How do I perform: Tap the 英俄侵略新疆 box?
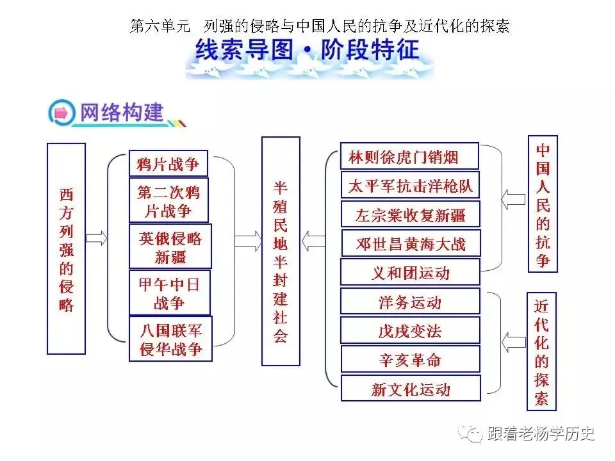pyautogui.click(x=170, y=247)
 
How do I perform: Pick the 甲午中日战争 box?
pyautogui.click(x=169, y=293)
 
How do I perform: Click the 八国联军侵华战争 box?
pyautogui.click(x=170, y=339)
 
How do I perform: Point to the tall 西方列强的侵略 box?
pyautogui.click(x=66, y=248)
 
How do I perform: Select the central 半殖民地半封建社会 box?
pyautogui.click(x=281, y=251)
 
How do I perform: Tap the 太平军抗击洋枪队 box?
pyautogui.click(x=410, y=186)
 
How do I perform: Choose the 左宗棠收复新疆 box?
pyautogui.click(x=410, y=214)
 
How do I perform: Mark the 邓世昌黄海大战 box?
pyautogui.click(x=410, y=243)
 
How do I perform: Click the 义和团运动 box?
pyautogui.click(x=410, y=273)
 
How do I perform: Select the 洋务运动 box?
pyautogui.click(x=410, y=302)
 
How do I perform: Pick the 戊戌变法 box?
pyautogui.click(x=410, y=330)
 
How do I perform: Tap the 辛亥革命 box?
pyautogui.click(x=410, y=359)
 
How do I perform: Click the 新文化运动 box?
pyautogui.click(x=410, y=389)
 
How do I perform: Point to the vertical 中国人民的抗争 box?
pyautogui.click(x=542, y=204)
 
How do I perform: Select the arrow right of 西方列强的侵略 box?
pyautogui.click(x=96, y=238)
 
